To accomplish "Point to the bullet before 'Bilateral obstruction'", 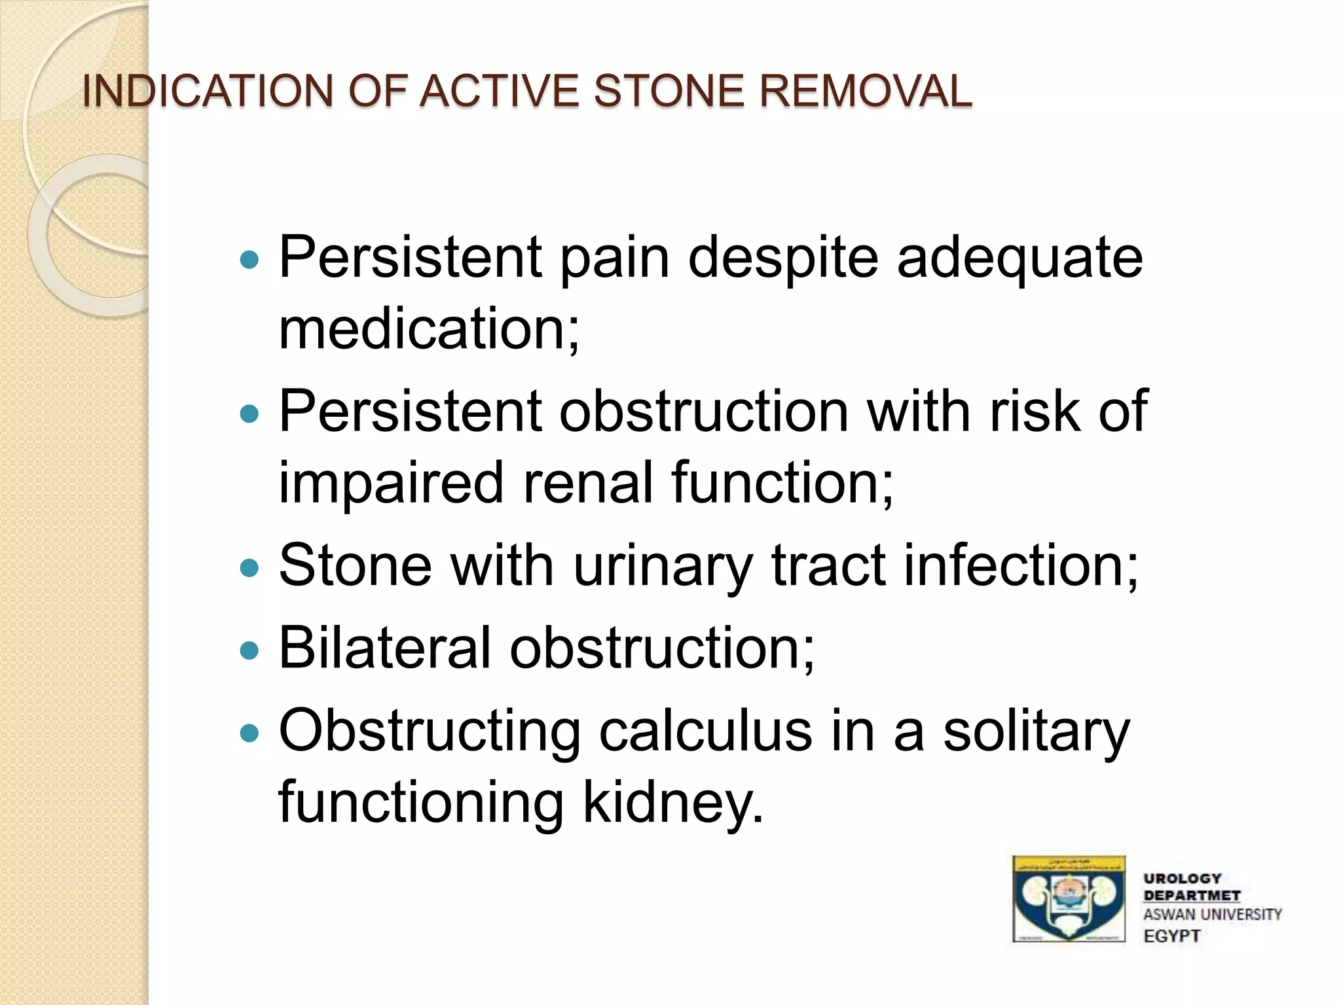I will click(249, 650).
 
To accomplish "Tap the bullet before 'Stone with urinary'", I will click(249, 567).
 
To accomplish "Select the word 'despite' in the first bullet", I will click(782, 258).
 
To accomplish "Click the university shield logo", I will click(1069, 899).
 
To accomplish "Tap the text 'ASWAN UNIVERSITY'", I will click(1212, 915).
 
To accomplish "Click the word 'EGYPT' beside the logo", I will click(1171, 936).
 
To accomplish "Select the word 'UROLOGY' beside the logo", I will click(1182, 878).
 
